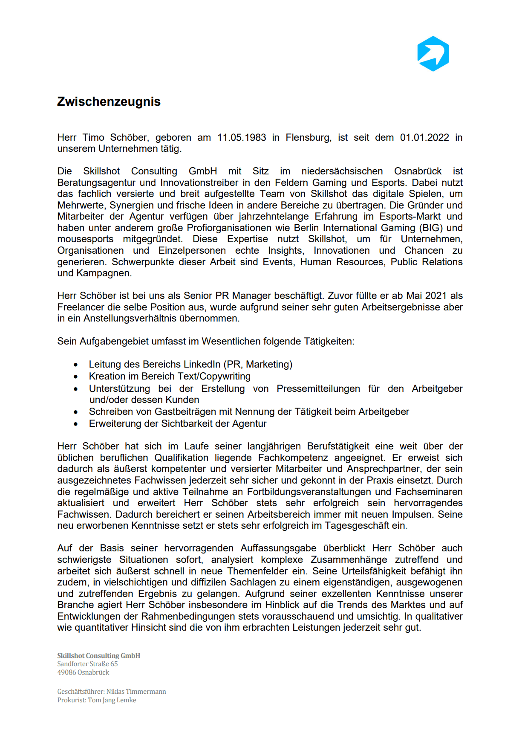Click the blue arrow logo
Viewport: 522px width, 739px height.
pyautogui.click(x=433, y=54)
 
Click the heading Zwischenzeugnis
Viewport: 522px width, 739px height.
pyautogui.click(x=109, y=101)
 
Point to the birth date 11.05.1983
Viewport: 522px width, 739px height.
pyautogui.click(x=242, y=137)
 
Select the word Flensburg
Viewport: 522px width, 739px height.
pyautogui.click(x=308, y=137)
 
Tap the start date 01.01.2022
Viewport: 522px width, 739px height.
pyautogui.click(x=424, y=137)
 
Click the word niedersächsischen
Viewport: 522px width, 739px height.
pyautogui.click(x=342, y=171)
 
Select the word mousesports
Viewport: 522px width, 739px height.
pyautogui.click(x=86, y=239)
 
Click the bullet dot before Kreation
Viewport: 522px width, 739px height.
pyautogui.click(x=76, y=377)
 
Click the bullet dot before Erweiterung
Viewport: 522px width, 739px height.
pyautogui.click(x=76, y=424)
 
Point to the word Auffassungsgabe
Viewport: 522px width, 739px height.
pyautogui.click(x=278, y=548)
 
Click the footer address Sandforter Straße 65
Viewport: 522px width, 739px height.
pyautogui.click(x=87, y=664)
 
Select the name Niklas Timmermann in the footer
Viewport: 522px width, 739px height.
pyautogui.click(x=136, y=692)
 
